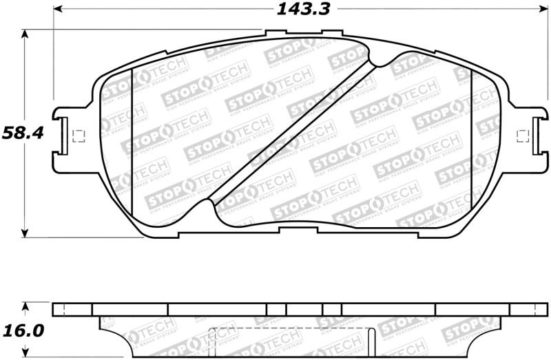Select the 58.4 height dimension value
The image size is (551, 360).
(22, 132)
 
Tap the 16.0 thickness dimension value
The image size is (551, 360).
(22, 331)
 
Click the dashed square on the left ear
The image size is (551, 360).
(77, 136)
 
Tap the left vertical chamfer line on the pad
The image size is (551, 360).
(132, 141)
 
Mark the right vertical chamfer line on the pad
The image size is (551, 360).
(471, 138)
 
